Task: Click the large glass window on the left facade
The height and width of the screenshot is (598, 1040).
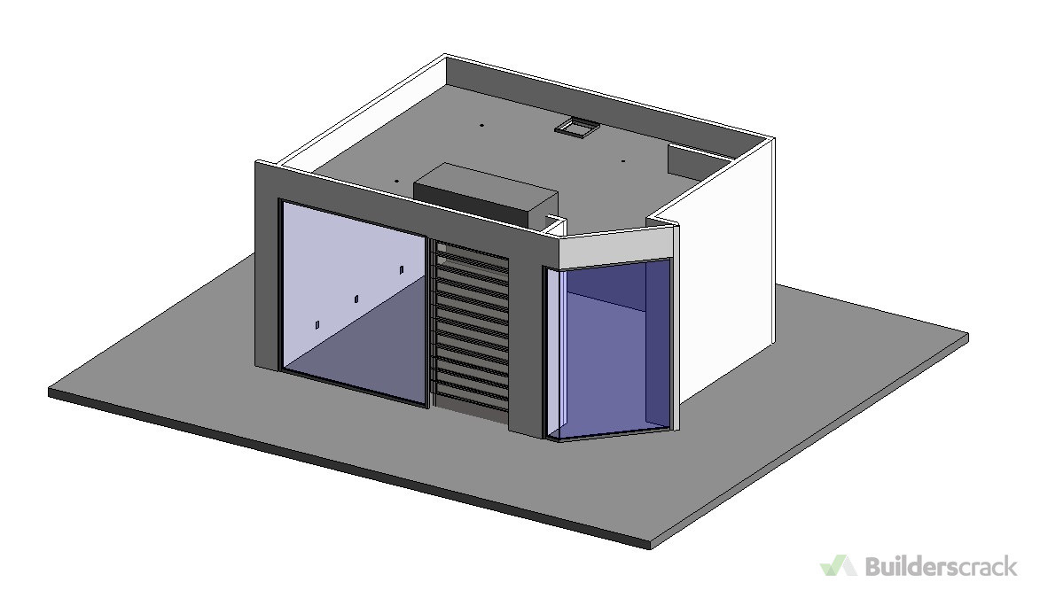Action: (x=354, y=301)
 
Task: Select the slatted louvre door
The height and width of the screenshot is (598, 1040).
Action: (x=472, y=330)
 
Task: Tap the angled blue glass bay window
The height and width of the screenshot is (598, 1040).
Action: (x=609, y=349)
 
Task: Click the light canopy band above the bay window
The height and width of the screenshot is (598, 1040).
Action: (x=618, y=245)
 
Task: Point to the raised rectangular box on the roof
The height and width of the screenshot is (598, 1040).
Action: (x=486, y=192)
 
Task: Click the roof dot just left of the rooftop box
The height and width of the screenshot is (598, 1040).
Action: (x=396, y=180)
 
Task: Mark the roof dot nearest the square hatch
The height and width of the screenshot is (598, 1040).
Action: (x=622, y=160)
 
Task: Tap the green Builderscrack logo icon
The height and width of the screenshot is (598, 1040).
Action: (x=839, y=565)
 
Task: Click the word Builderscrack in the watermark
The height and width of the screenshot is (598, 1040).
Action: (x=941, y=566)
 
